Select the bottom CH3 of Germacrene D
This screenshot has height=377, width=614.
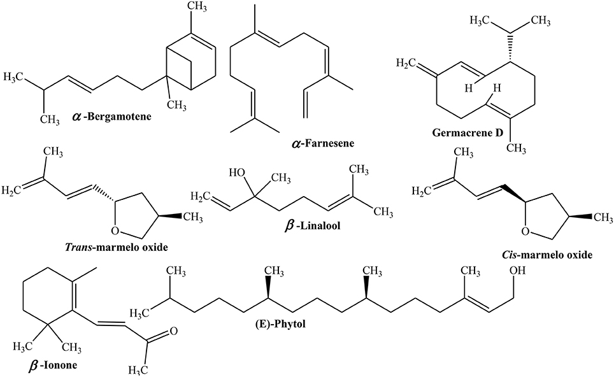[x=522, y=148]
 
